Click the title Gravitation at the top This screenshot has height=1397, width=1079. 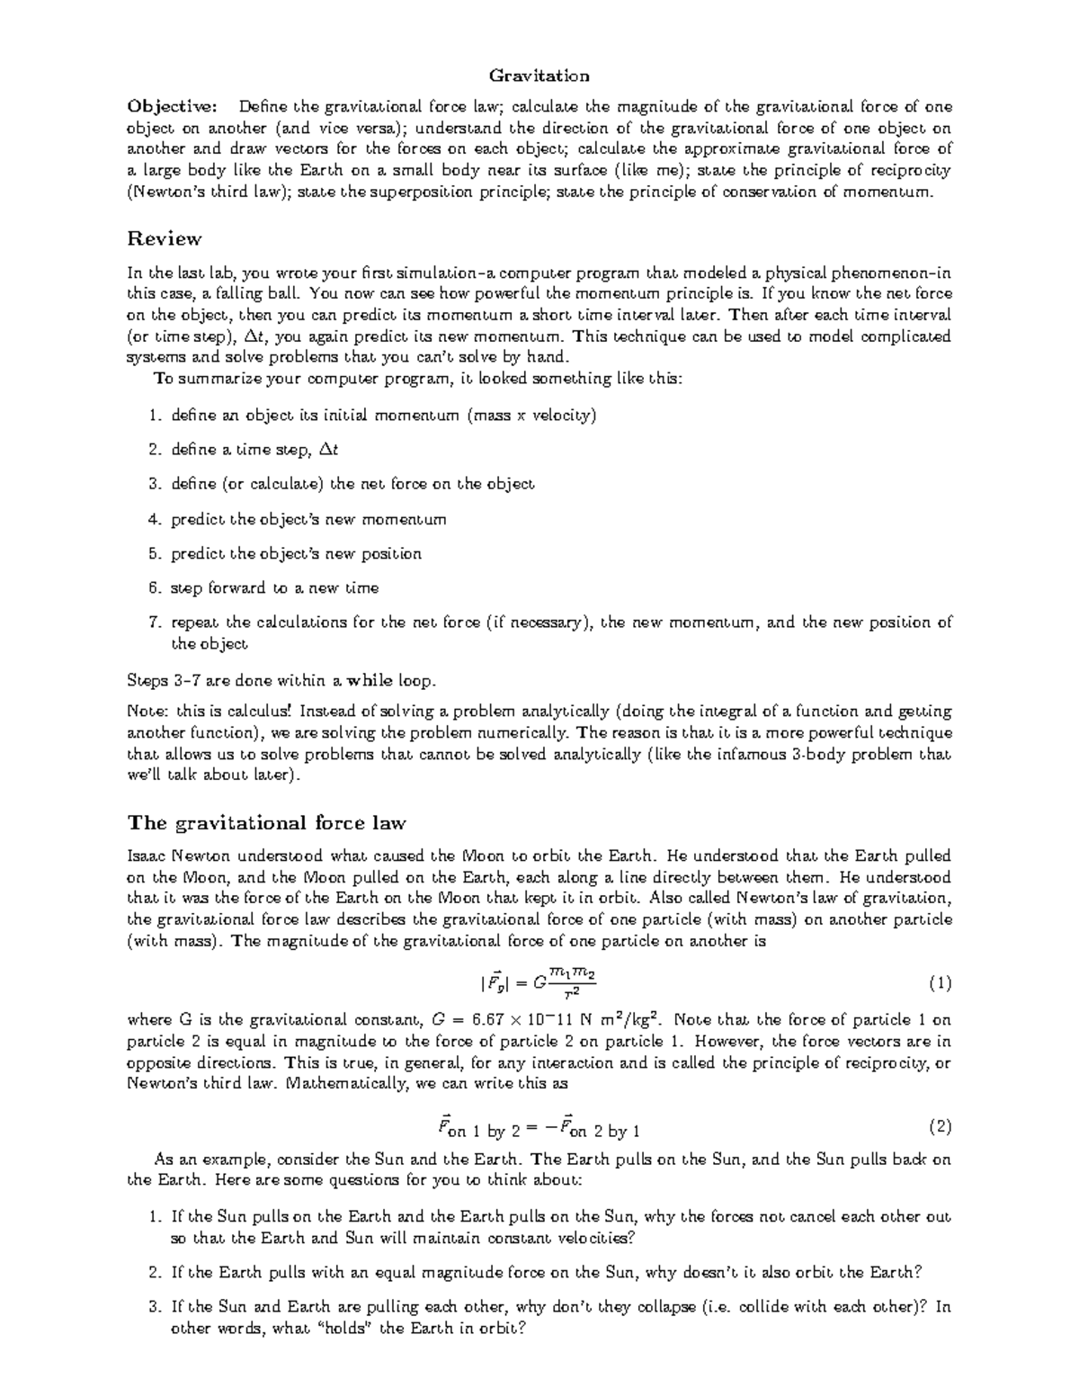539,76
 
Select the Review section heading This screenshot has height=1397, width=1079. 165,238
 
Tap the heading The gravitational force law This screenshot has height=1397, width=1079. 267,822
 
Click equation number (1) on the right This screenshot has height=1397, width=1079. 939,984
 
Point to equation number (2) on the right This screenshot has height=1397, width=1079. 939,1127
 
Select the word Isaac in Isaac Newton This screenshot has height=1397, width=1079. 147,855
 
